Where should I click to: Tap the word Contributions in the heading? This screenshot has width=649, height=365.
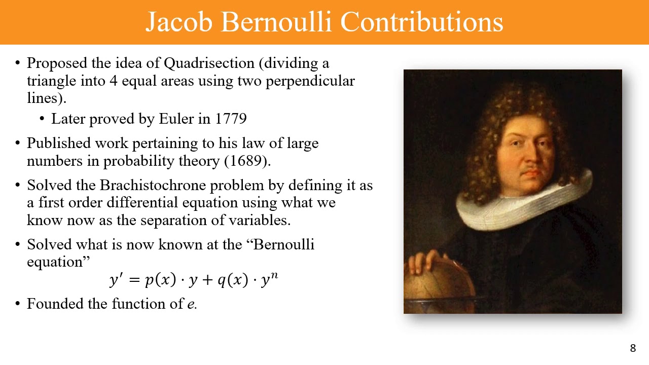pos(421,22)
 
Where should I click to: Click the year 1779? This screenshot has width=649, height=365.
pos(231,119)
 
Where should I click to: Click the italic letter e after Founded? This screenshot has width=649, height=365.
pos(191,304)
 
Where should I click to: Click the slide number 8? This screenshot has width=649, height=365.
pos(633,348)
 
